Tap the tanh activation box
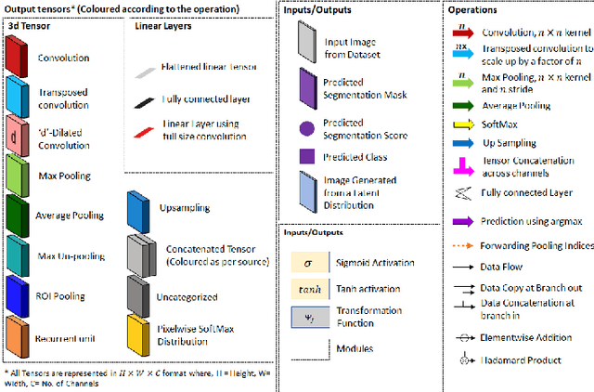306,289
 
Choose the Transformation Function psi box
306,315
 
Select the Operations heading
497,10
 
